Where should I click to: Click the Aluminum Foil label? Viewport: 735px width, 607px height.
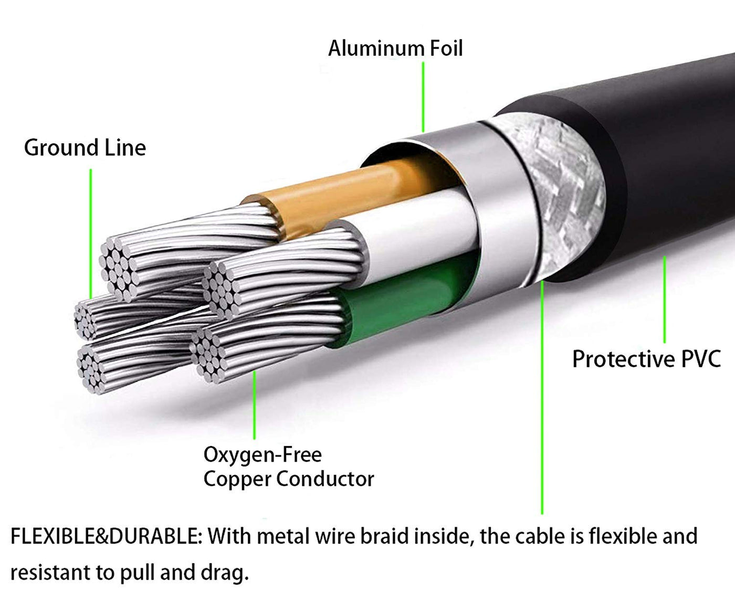click(395, 48)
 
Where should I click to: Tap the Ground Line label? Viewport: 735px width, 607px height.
click(85, 148)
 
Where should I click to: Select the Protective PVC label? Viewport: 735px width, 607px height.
click(646, 359)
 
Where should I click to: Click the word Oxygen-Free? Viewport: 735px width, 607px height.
click(262, 454)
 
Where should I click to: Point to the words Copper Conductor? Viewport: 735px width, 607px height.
click(289, 479)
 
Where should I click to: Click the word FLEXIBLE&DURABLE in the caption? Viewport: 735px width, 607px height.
click(105, 537)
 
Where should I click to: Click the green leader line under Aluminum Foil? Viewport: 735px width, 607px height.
click(423, 97)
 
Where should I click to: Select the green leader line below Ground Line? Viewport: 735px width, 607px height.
click(91, 231)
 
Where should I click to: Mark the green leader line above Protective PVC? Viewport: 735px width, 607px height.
click(665, 299)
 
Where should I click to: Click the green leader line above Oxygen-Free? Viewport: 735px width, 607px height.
click(255, 404)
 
